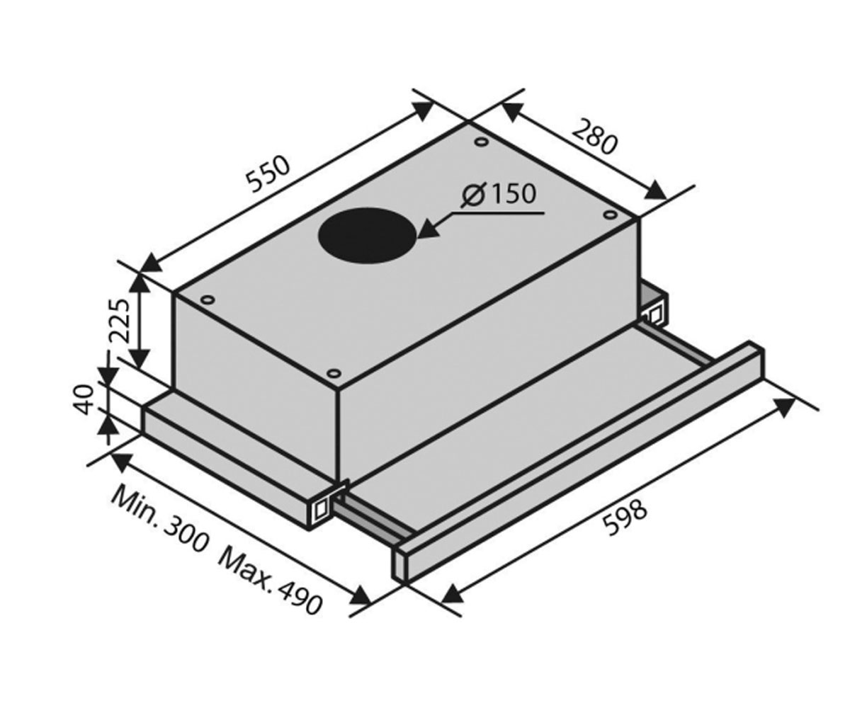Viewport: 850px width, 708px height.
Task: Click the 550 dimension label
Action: click(269, 173)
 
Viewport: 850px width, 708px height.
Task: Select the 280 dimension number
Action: click(595, 137)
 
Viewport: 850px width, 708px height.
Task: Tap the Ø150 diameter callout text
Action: click(498, 195)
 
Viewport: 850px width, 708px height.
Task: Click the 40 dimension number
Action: click(84, 400)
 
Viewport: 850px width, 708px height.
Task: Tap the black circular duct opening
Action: click(367, 236)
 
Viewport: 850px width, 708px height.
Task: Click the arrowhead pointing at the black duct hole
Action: click(428, 230)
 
